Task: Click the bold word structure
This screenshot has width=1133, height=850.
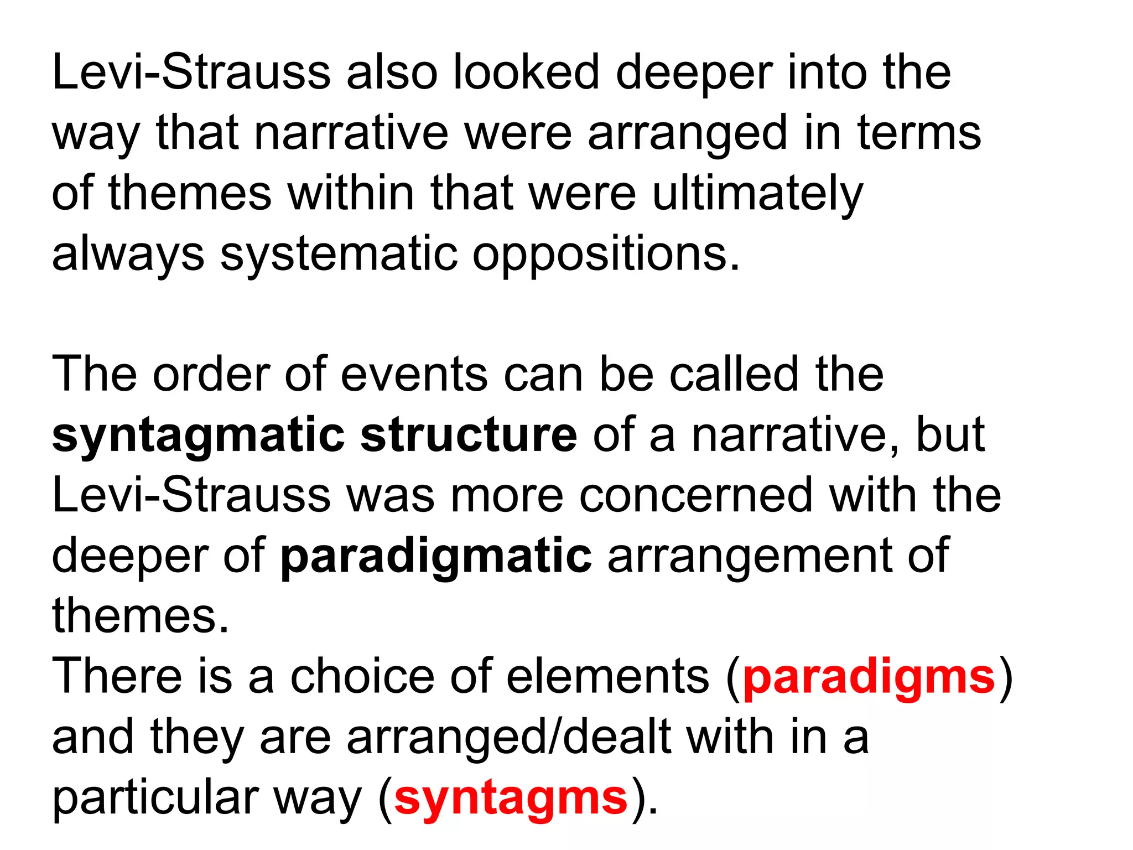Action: (x=469, y=435)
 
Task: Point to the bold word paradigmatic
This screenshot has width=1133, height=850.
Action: (x=436, y=557)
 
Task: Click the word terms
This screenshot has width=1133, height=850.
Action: (x=919, y=133)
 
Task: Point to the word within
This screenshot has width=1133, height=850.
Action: (x=351, y=194)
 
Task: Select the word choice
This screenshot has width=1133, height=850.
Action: (x=362, y=677)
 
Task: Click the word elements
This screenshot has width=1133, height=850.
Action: (x=607, y=677)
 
